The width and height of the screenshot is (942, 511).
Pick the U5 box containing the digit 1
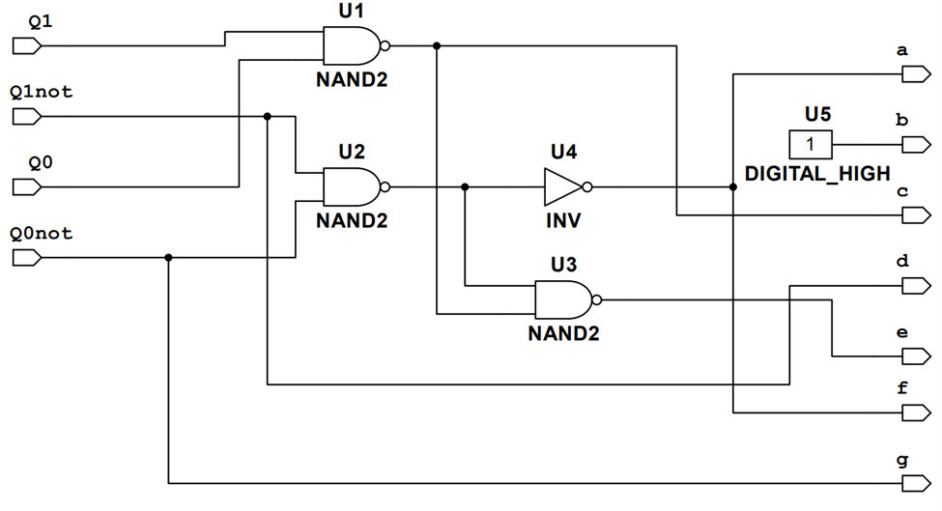[812, 145]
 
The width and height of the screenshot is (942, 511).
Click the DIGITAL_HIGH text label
[817, 174]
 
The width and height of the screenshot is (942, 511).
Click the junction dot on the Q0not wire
[168, 257]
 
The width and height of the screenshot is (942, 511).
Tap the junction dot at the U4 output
[733, 186]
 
